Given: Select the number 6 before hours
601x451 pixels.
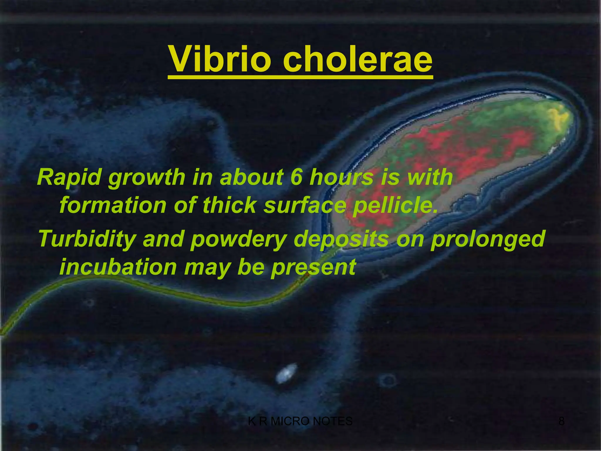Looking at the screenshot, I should point(296,177).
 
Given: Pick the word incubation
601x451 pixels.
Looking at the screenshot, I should point(118,267).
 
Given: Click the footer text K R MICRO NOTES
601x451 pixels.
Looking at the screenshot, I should point(300,421).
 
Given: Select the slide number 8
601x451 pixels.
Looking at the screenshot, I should point(561,421).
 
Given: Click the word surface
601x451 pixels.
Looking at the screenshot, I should point(305,206).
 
